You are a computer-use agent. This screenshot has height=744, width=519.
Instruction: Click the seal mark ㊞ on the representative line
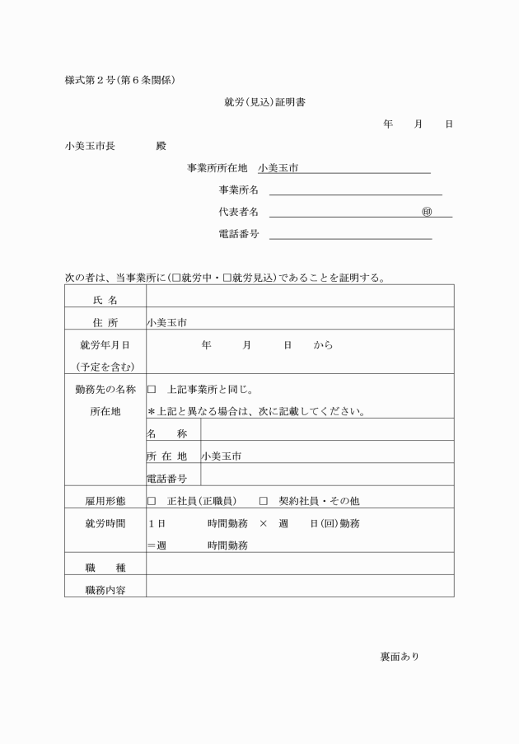click(x=426, y=212)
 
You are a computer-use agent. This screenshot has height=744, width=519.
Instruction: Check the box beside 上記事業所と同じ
click(x=152, y=389)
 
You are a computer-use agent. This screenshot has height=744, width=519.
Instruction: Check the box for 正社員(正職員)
click(x=152, y=500)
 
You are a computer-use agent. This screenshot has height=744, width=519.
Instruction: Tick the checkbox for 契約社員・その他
click(x=264, y=500)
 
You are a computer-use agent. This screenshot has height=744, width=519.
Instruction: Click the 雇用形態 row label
click(x=105, y=500)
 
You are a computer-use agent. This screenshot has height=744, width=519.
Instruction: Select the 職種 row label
click(x=105, y=567)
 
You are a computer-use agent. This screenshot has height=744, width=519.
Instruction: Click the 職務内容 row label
click(x=105, y=589)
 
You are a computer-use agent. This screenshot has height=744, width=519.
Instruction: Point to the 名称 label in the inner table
click(x=166, y=433)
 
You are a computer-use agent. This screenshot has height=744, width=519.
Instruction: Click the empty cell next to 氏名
click(x=300, y=297)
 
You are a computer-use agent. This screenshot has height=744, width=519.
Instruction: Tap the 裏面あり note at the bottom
click(x=400, y=657)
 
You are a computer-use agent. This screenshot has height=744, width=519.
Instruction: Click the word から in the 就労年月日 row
click(x=323, y=345)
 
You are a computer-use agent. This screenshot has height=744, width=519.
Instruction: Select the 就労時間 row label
click(x=105, y=523)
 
